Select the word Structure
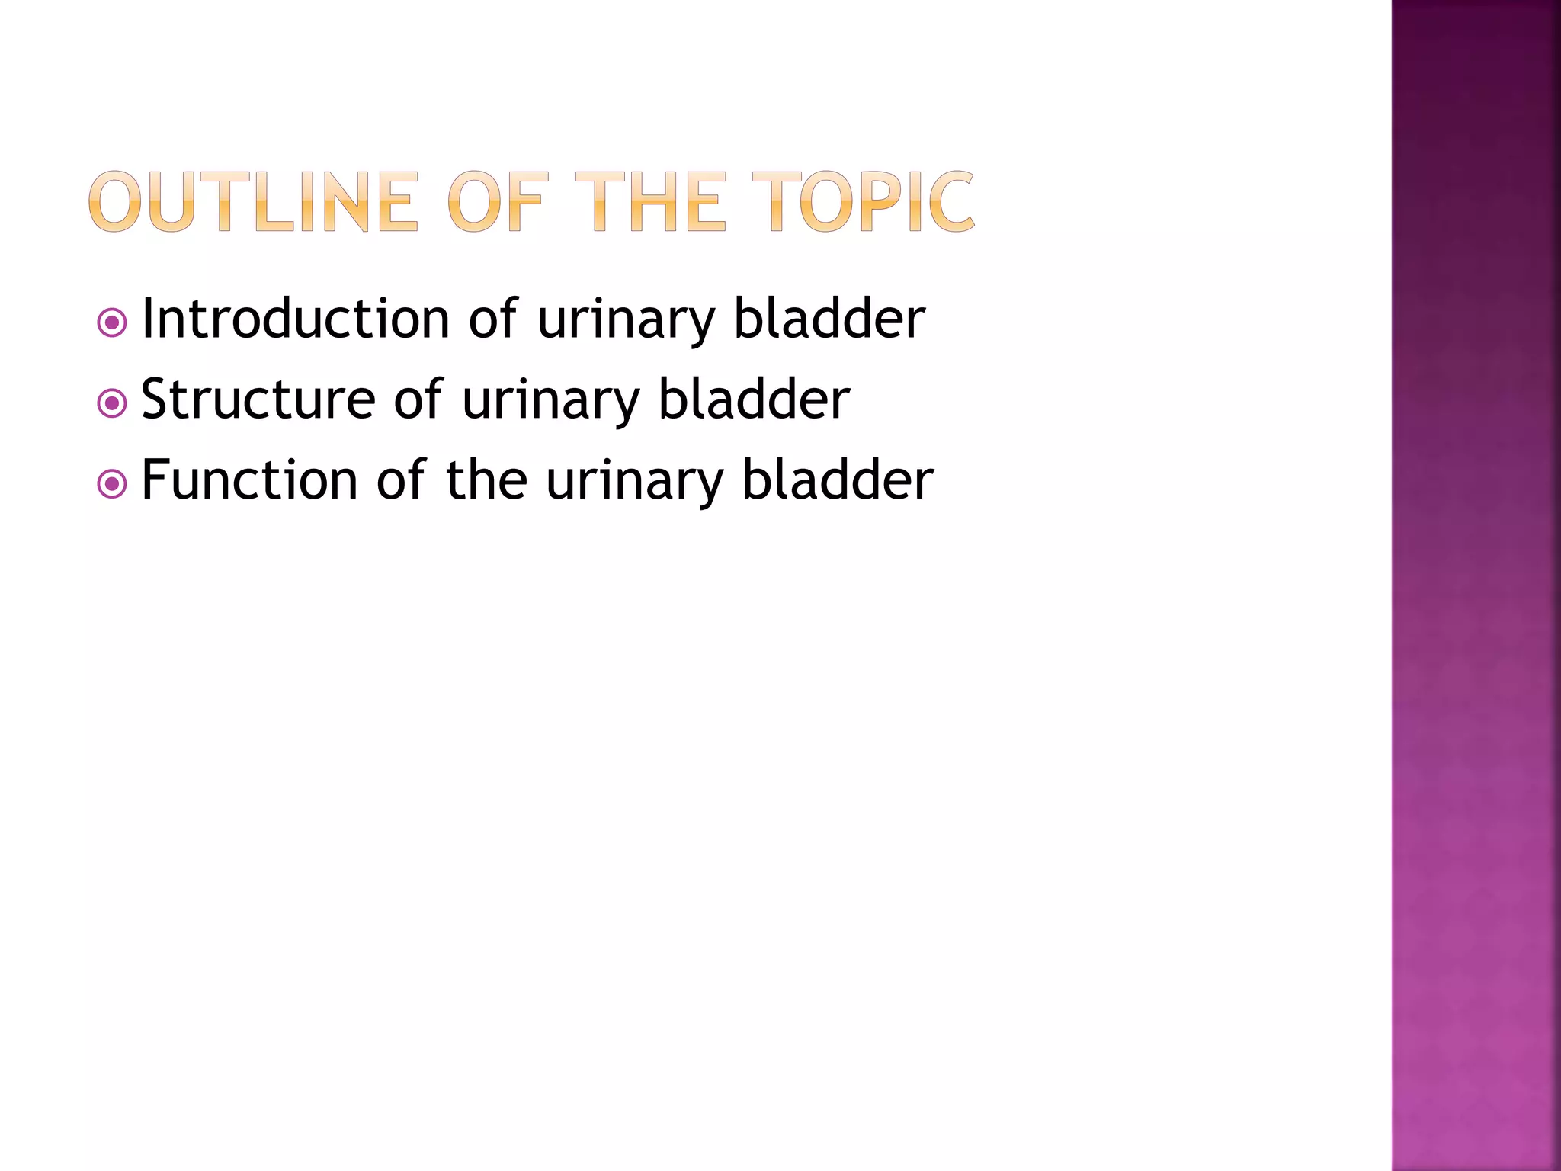click(258, 399)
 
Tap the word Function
click(249, 480)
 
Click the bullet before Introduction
click(112, 323)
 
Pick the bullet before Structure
click(112, 403)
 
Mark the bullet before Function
click(112, 484)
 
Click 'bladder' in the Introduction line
click(829, 319)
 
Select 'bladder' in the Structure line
click(754, 399)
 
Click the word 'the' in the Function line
click(486, 480)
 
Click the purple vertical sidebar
click(1476, 585)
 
